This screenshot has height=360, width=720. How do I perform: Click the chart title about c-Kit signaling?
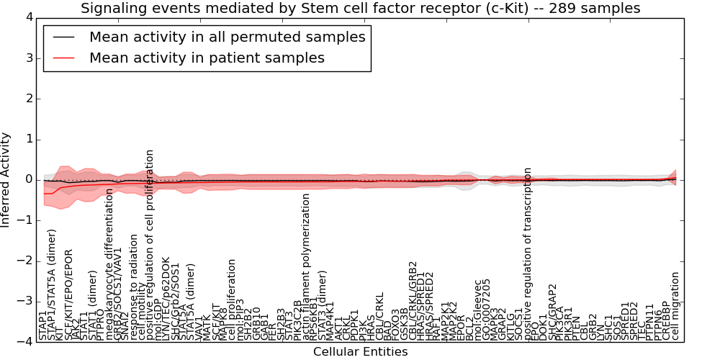pos(360,9)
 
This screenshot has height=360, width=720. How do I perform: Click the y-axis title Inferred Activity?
pos(6,180)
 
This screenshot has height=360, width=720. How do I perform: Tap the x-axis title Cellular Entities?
pos(360,352)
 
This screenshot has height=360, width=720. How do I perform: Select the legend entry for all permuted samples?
pos(227,37)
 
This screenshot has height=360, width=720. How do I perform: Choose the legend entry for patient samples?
pos(207,58)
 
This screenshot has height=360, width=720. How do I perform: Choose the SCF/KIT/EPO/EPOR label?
pos(69,295)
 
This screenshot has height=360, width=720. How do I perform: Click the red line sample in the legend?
pos(63,58)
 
